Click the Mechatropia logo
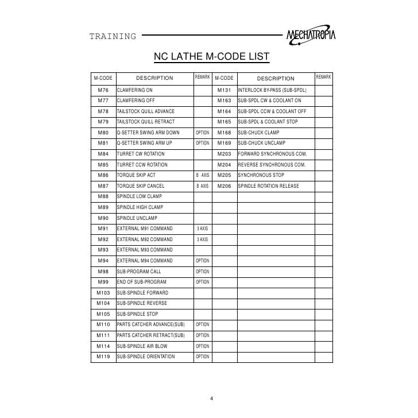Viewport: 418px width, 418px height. click(x=311, y=36)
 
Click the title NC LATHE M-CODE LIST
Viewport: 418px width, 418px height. click(x=208, y=57)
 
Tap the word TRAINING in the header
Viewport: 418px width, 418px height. click(x=113, y=37)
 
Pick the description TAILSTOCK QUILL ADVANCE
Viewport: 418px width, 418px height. click(x=146, y=111)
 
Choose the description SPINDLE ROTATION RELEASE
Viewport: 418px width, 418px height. click(x=268, y=186)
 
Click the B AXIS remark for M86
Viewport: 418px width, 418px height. click(x=203, y=175)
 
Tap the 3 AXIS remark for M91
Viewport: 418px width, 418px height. click(x=203, y=229)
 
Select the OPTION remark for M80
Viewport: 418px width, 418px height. click(x=203, y=133)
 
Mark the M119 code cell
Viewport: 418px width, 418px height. click(x=103, y=357)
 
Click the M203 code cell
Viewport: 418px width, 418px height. click(x=223, y=154)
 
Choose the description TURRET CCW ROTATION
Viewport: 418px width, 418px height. click(x=142, y=165)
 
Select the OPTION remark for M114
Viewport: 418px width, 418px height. click(x=203, y=346)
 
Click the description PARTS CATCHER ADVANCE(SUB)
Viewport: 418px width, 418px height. click(x=150, y=324)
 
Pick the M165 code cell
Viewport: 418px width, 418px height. click(x=223, y=122)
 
